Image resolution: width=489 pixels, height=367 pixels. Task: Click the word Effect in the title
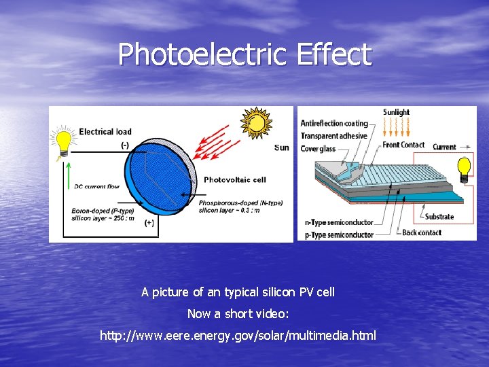point(333,54)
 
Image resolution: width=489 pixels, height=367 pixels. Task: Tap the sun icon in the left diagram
point(257,123)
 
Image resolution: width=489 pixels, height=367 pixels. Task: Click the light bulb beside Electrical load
point(63,143)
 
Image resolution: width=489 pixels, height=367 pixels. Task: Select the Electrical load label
point(105,131)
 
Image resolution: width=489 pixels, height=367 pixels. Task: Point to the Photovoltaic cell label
point(234,180)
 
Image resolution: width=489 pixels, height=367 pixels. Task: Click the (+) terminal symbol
point(149,222)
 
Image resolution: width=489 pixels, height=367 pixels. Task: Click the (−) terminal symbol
point(124,145)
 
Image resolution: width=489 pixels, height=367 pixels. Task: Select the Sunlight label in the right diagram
point(396,112)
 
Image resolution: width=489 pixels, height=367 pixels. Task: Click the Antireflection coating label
point(334,124)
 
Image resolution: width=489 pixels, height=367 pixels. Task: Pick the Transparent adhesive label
point(333,136)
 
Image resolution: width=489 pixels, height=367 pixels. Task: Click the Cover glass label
point(318,149)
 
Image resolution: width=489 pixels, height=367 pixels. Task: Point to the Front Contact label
point(403,145)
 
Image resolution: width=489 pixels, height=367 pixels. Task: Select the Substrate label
point(439,217)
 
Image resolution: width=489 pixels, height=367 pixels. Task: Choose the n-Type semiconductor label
point(340,222)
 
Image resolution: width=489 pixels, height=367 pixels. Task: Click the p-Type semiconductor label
point(340,234)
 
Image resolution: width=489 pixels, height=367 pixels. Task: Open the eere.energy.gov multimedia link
point(237,336)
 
